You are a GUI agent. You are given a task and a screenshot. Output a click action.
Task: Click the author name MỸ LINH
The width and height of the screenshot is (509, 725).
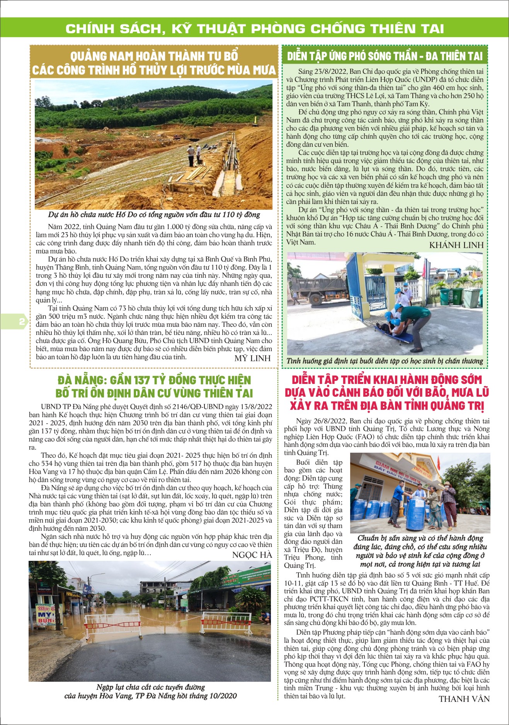tap(252, 358)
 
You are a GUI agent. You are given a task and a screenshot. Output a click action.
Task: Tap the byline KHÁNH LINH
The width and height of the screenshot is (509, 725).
tap(456, 245)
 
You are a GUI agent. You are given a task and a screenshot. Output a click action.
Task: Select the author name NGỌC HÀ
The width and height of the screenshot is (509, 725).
tap(252, 555)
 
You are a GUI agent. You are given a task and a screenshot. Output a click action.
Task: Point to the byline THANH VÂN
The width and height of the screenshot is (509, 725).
tap(464, 699)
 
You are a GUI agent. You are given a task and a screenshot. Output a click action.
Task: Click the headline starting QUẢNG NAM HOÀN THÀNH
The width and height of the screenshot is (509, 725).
tap(154, 63)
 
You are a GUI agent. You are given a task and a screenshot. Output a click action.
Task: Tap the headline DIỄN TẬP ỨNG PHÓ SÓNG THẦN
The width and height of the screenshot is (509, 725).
tap(385, 56)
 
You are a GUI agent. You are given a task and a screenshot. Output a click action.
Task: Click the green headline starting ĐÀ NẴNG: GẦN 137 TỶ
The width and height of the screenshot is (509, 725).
tap(154, 387)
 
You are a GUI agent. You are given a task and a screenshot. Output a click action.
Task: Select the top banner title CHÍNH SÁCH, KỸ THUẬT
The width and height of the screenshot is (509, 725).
tap(255, 29)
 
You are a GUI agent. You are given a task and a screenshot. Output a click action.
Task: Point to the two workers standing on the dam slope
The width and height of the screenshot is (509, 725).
tap(194, 155)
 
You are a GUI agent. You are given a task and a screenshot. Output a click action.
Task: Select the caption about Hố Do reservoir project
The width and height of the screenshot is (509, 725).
tap(154, 215)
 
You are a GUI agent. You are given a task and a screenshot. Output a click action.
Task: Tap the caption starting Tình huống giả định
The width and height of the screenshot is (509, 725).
tap(385, 361)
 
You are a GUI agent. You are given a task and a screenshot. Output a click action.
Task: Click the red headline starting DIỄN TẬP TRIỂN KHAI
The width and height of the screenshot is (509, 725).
tap(386, 393)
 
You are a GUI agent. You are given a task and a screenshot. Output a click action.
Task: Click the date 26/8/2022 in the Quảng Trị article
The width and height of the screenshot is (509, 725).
tap(328, 421)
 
